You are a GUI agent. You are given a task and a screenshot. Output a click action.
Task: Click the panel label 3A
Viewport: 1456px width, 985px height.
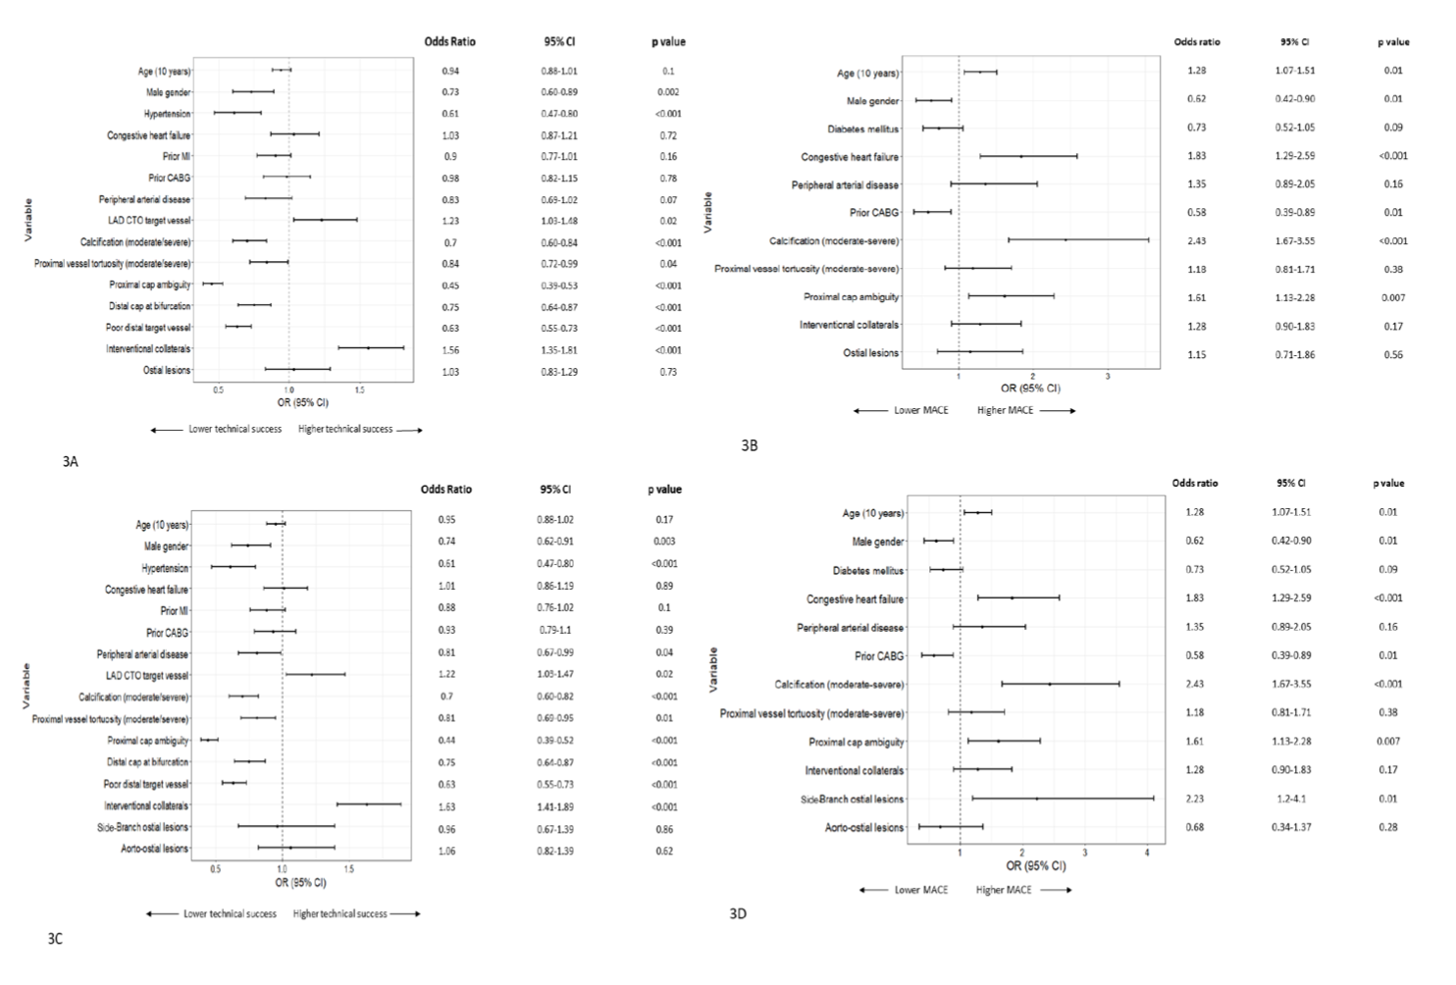[x=70, y=461]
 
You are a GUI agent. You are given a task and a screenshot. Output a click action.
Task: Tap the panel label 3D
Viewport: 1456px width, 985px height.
[x=738, y=913]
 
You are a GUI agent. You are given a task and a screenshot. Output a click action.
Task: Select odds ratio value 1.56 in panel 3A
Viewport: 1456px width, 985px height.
[x=450, y=350]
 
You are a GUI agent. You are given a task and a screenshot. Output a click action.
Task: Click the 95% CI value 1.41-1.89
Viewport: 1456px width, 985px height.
[x=556, y=806]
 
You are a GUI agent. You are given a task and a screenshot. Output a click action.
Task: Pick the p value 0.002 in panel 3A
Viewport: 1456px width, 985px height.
[x=668, y=92]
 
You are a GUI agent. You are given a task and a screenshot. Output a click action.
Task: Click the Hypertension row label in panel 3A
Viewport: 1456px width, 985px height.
[x=167, y=114]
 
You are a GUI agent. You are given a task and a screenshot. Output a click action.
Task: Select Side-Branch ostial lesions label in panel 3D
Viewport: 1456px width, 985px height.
[x=852, y=800]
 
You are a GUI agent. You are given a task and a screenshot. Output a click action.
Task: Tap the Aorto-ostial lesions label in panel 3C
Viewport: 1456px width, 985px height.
[x=154, y=849]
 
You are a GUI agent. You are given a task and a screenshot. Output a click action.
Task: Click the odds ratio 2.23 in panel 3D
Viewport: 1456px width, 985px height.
[x=1194, y=799]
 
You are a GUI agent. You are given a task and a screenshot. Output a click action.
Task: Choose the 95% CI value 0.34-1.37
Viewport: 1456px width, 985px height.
[x=1291, y=827]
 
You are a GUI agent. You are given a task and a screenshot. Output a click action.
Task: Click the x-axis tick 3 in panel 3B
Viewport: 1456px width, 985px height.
[x=1108, y=376]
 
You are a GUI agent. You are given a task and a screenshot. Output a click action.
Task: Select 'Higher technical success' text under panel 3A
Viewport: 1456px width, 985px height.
[x=345, y=429]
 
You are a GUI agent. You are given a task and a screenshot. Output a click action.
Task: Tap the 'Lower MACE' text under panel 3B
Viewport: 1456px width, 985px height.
[x=921, y=410]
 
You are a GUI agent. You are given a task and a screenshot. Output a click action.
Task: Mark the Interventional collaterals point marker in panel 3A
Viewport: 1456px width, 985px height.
[x=368, y=348]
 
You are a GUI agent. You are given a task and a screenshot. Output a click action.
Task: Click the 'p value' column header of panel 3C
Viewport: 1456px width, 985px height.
[x=664, y=490]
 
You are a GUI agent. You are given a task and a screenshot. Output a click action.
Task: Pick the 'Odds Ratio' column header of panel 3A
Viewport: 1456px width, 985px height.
[x=449, y=42]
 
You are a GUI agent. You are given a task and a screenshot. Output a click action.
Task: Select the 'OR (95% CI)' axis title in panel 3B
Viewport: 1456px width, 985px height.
[x=1030, y=389]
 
